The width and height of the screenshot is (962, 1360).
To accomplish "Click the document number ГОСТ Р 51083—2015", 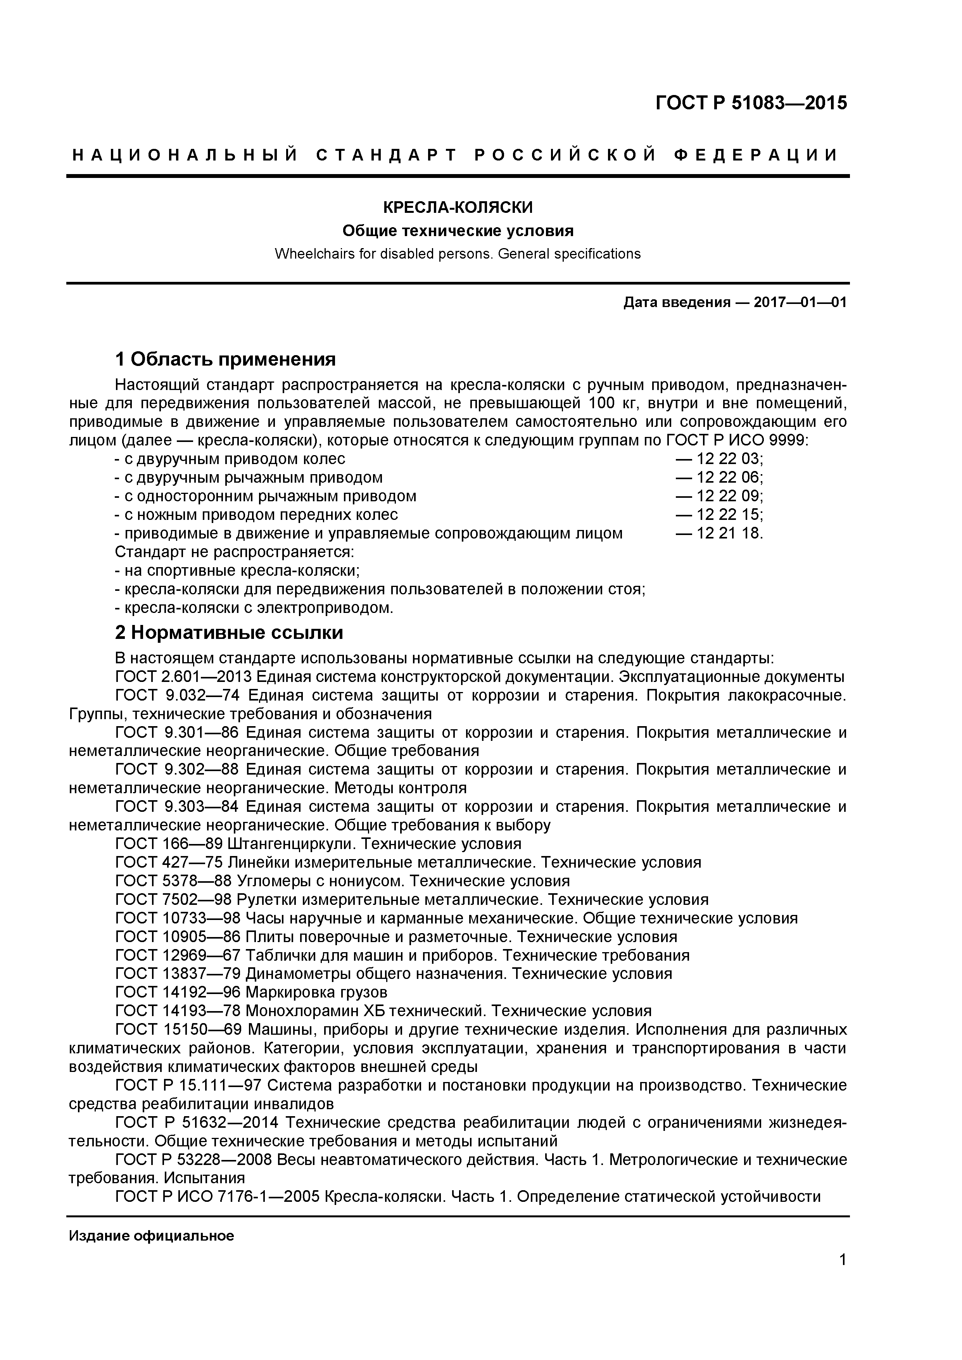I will click(751, 103).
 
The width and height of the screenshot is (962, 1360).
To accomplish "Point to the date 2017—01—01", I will click(800, 303).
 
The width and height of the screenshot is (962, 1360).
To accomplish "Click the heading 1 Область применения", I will click(225, 359).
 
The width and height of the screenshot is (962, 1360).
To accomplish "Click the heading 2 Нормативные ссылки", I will click(229, 633).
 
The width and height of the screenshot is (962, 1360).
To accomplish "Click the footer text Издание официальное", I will click(152, 1236).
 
